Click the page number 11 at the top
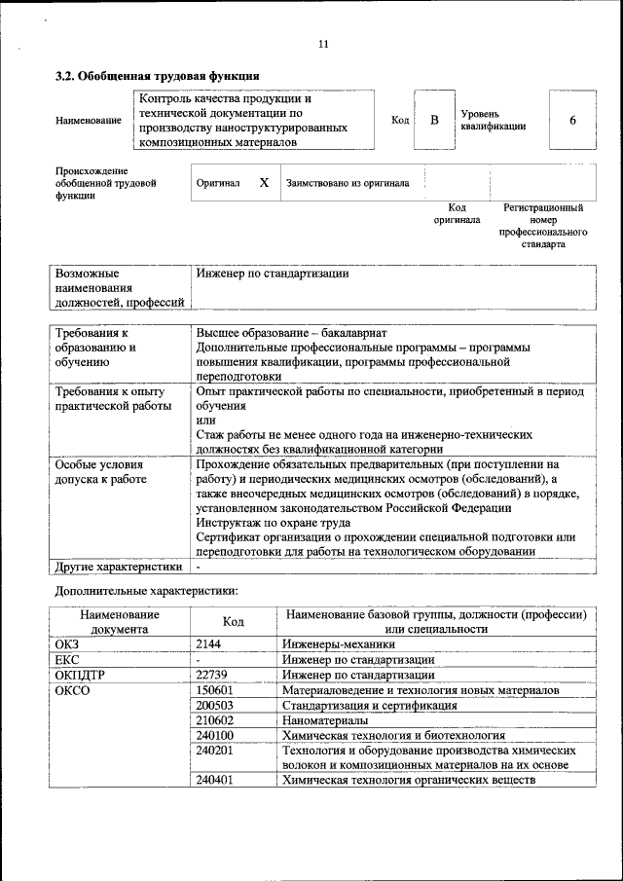[323, 44]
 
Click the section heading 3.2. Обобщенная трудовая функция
[157, 76]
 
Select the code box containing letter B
[434, 120]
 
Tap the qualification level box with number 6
[572, 120]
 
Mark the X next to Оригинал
[263, 182]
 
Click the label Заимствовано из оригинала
[347, 183]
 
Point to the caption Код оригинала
[457, 213]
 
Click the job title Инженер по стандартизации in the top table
[272, 274]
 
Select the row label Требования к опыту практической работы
[114, 398]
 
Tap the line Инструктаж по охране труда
[261, 522]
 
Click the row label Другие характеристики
[118, 566]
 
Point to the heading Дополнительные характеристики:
[146, 591]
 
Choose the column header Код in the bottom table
[234, 621]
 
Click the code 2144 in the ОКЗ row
[209, 644]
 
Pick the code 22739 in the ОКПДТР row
[213, 675]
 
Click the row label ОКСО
[72, 690]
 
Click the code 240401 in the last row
[214, 781]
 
